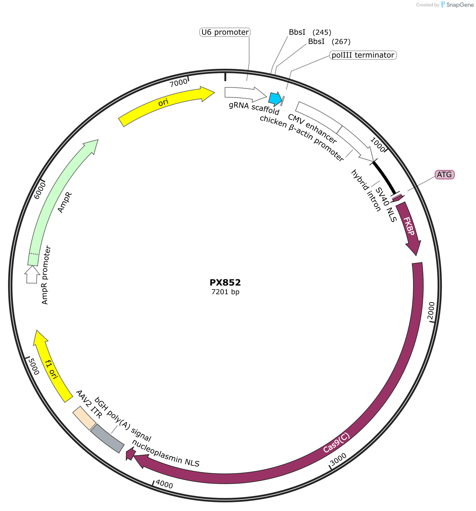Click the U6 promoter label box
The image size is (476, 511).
click(225, 32)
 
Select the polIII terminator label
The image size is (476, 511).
click(363, 55)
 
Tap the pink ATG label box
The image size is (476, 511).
click(444, 175)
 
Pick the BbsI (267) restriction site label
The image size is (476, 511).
click(329, 41)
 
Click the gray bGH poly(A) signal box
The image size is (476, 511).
click(107, 438)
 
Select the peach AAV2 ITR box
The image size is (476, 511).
click(84, 418)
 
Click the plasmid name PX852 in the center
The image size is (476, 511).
click(225, 282)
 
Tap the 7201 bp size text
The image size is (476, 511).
click(225, 292)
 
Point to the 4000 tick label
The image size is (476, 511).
click(164, 484)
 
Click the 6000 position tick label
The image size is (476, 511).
click(40, 190)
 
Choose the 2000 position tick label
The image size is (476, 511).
click(431, 310)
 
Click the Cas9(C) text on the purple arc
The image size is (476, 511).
click(336, 443)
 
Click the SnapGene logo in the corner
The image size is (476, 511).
click(457, 5)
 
